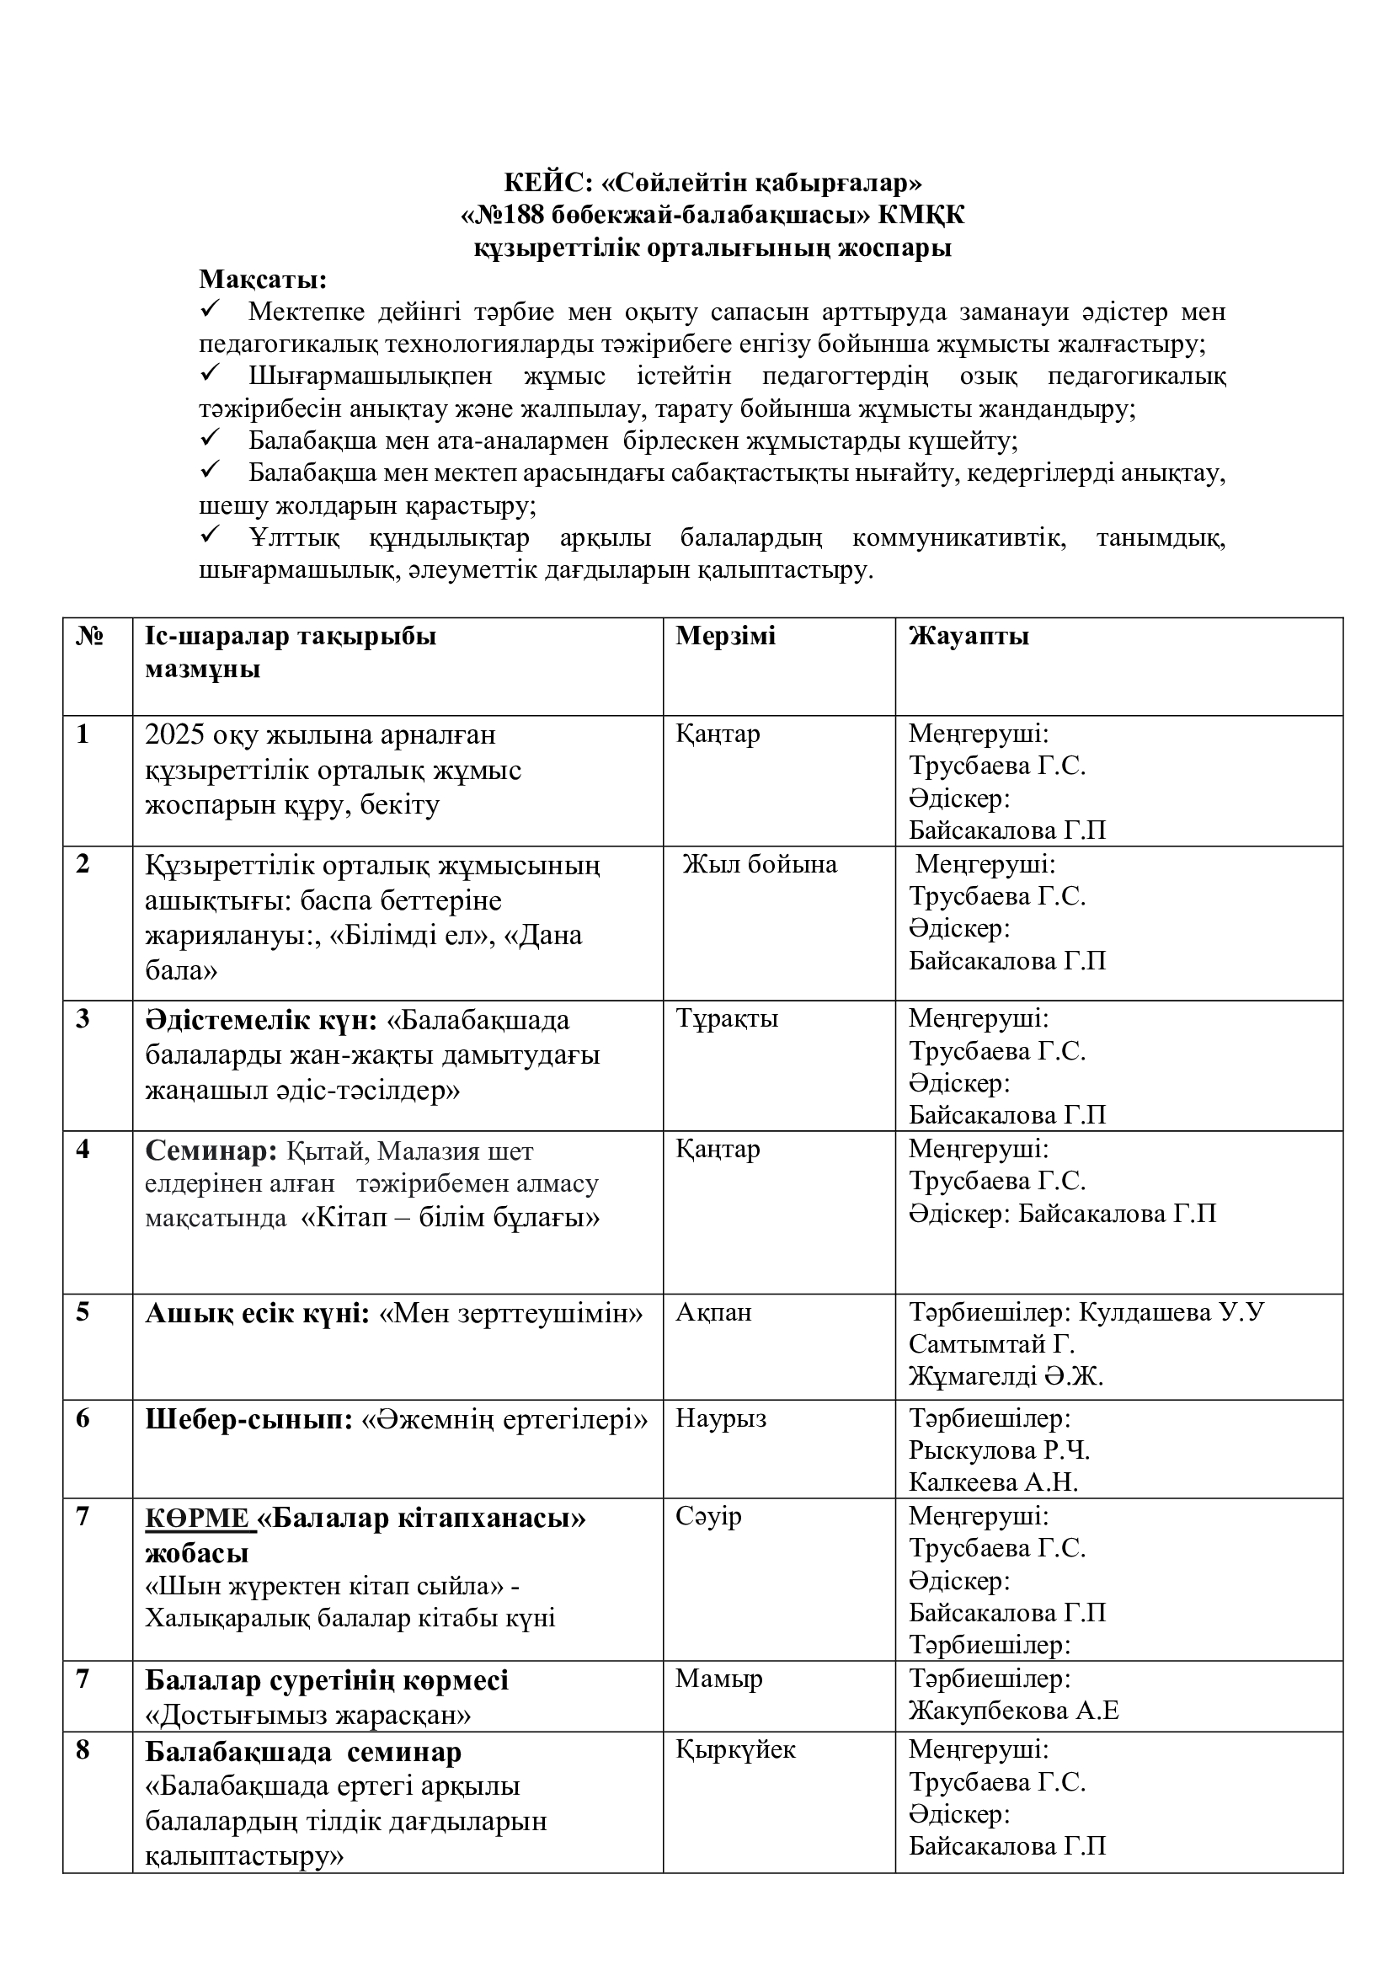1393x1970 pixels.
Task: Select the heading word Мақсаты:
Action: [x=263, y=280]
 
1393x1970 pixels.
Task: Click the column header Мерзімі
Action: [x=725, y=636]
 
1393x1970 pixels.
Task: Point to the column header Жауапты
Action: [x=969, y=636]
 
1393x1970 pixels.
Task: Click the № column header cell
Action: [x=90, y=637]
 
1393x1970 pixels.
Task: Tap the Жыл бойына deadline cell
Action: [x=759, y=864]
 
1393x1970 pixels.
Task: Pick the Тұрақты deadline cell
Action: [x=727, y=1018]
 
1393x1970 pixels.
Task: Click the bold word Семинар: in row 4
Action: [x=211, y=1151]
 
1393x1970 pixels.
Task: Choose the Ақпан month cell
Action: [x=713, y=1312]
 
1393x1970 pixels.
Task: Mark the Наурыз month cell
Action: [x=721, y=1418]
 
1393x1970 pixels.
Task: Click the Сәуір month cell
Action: [x=708, y=1516]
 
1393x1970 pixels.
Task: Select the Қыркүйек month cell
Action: [x=735, y=1749]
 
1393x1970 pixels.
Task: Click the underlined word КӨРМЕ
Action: [x=196, y=1519]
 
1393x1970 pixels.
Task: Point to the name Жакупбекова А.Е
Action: [x=1014, y=1711]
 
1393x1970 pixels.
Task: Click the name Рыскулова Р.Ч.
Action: [x=1000, y=1451]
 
